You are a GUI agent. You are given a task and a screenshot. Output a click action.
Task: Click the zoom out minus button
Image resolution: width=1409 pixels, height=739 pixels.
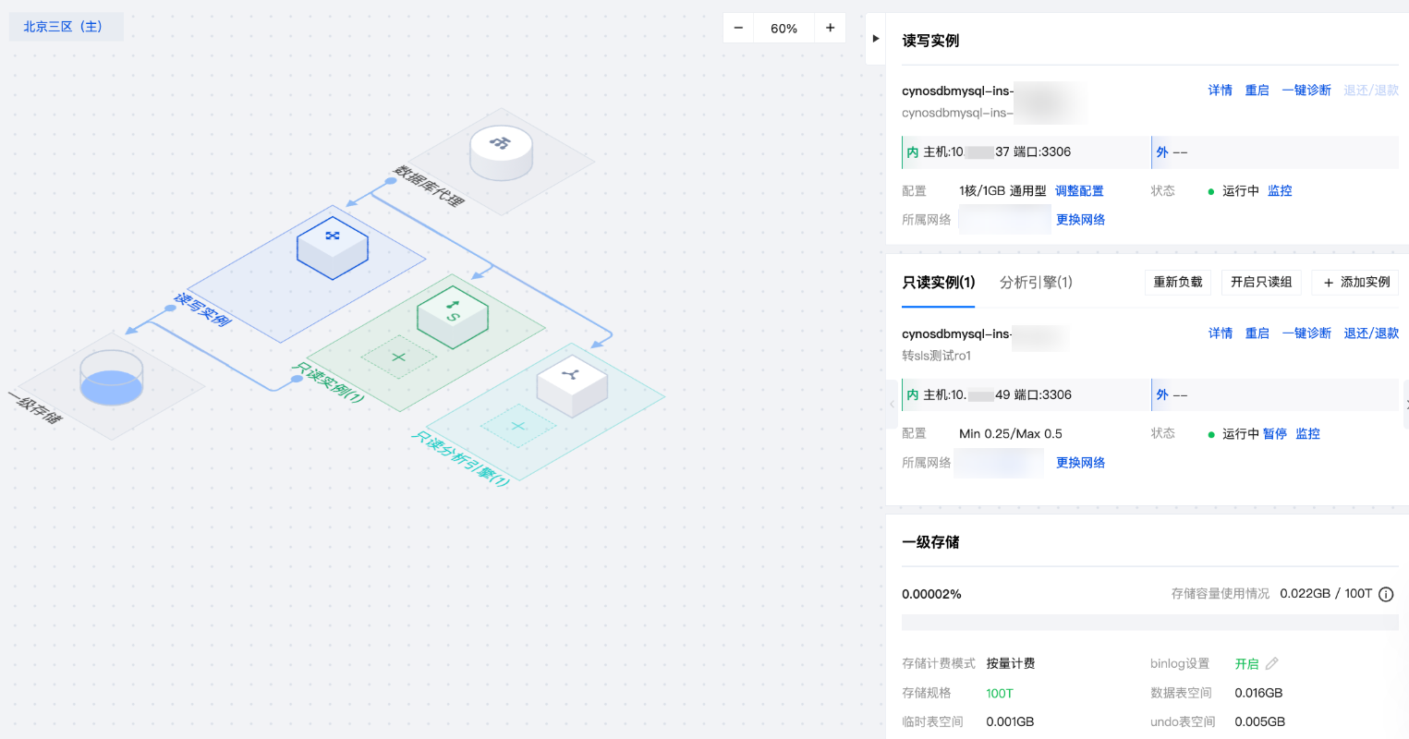(x=738, y=28)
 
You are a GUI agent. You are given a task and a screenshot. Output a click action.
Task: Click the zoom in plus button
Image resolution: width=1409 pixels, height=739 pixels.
(x=830, y=28)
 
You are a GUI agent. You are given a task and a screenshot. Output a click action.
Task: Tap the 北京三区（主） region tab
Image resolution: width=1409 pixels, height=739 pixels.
(x=64, y=27)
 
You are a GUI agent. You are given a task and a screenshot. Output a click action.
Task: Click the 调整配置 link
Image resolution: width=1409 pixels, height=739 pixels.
(x=1079, y=191)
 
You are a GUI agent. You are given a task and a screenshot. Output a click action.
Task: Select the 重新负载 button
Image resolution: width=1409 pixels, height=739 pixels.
(x=1177, y=283)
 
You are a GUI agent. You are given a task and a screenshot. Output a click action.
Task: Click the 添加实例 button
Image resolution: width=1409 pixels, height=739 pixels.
(x=1354, y=283)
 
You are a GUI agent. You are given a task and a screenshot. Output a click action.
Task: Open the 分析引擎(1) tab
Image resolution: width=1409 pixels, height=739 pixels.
(x=1036, y=283)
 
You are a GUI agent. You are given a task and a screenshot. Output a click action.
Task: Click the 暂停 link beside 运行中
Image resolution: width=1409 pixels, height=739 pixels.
(x=1275, y=434)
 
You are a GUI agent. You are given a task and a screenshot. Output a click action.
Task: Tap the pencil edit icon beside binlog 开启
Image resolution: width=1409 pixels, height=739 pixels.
(x=1272, y=663)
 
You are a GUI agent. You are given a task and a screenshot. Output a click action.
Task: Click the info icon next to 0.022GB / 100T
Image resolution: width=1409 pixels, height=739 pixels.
(x=1386, y=594)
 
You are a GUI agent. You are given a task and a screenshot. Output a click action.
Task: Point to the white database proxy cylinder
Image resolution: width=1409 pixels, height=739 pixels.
(x=501, y=151)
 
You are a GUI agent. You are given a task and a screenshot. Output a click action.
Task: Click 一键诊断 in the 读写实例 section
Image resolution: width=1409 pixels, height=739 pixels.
(x=1306, y=91)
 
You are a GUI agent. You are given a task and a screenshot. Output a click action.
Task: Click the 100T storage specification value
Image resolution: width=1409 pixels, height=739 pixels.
(x=1000, y=694)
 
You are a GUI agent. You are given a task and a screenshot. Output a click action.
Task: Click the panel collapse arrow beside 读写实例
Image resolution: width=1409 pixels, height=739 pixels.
(x=876, y=39)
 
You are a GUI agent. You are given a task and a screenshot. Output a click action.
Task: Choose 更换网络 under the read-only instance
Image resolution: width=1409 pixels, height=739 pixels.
(x=1080, y=463)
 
